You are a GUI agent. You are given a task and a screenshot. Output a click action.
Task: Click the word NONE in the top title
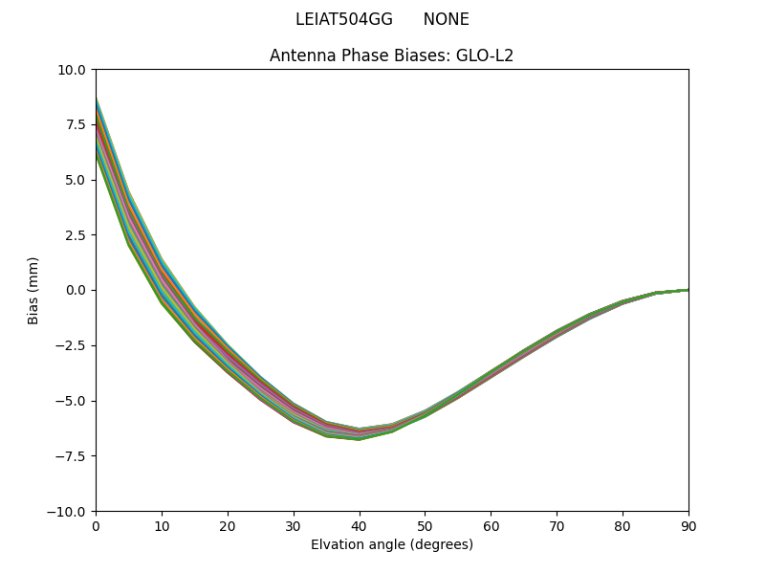click(x=446, y=19)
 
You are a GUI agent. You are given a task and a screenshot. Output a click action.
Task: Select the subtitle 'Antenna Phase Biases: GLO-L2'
click(x=391, y=55)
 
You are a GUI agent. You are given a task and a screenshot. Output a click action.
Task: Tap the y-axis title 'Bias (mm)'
click(x=33, y=290)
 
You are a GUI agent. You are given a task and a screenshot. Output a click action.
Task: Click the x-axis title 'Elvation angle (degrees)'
click(x=391, y=544)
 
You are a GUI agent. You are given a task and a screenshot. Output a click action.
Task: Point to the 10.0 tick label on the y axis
click(x=72, y=70)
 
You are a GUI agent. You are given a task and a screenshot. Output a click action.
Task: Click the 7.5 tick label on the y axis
click(x=75, y=124)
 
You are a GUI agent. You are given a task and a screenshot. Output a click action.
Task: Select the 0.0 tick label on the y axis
click(x=75, y=290)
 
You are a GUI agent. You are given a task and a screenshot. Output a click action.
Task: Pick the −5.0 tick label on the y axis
click(x=71, y=401)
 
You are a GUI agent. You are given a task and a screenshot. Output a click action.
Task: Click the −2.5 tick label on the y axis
click(x=71, y=345)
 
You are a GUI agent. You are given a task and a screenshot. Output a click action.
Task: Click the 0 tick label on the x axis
click(x=96, y=525)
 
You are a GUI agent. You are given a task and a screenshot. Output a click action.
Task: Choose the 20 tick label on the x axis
click(x=228, y=525)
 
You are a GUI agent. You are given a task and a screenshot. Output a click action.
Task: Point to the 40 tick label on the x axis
click(x=359, y=525)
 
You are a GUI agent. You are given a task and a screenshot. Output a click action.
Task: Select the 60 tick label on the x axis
click(x=491, y=525)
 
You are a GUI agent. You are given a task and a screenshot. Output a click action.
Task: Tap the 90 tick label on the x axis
click(x=688, y=525)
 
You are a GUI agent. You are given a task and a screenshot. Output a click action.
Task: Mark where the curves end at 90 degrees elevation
click(x=687, y=290)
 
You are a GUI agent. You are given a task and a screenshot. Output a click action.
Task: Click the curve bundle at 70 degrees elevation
click(x=557, y=334)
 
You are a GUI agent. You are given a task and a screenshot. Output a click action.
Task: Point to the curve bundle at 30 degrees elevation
click(x=294, y=412)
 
